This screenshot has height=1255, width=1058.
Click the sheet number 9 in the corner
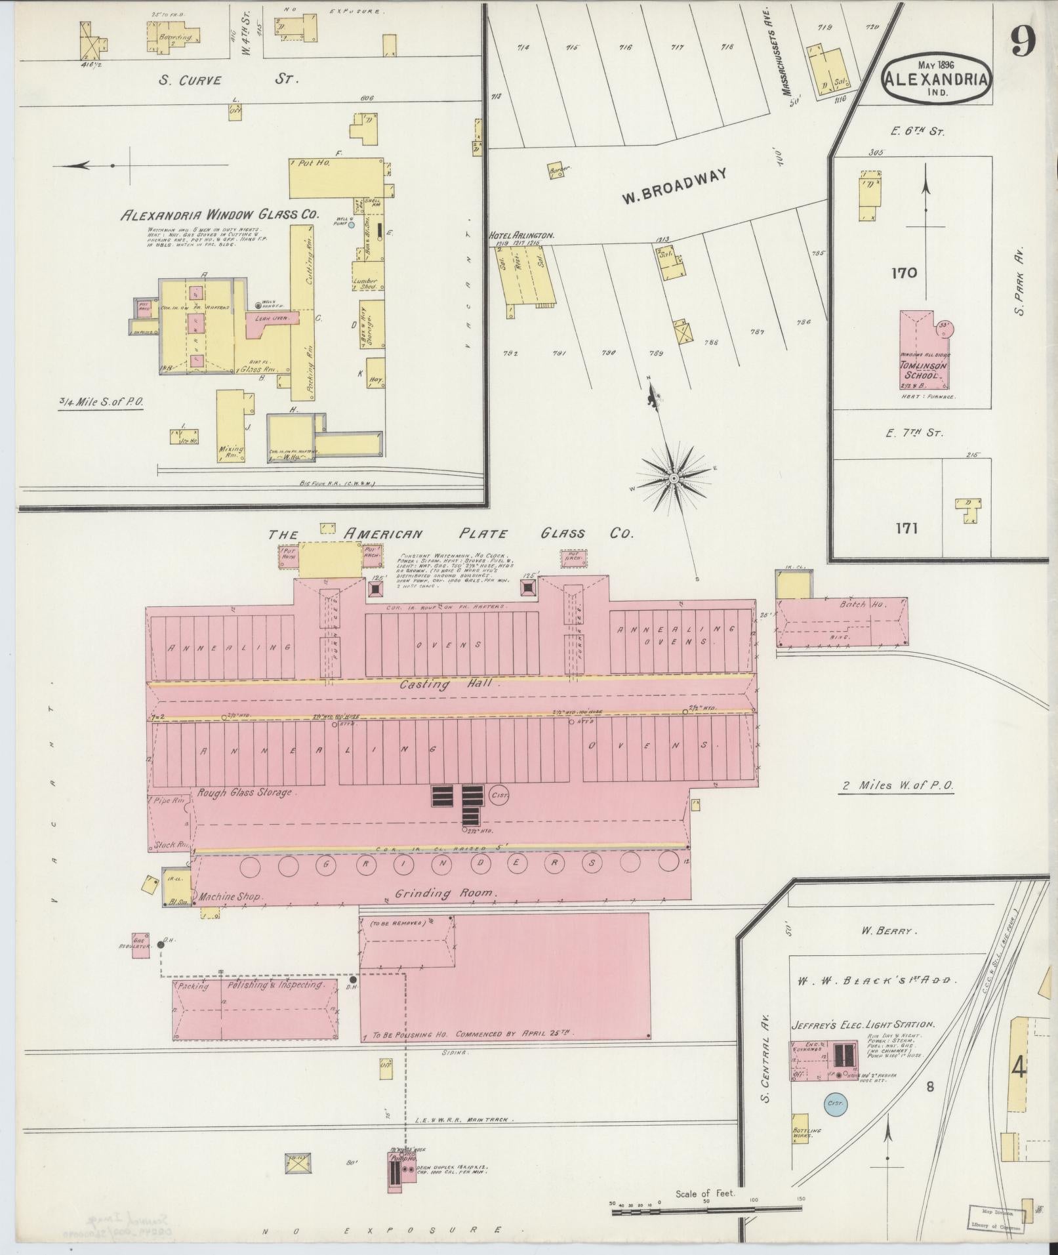click(1022, 43)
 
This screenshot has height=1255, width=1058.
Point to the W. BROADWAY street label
click(675, 187)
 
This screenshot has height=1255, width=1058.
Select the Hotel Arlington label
click(521, 235)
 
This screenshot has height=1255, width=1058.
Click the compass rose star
click(674, 480)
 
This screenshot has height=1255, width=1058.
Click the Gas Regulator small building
click(140, 945)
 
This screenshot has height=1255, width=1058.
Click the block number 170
click(903, 273)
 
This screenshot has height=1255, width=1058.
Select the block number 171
click(903, 527)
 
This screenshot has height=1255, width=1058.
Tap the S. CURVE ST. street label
click(229, 80)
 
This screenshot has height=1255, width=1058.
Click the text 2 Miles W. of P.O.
click(897, 785)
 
